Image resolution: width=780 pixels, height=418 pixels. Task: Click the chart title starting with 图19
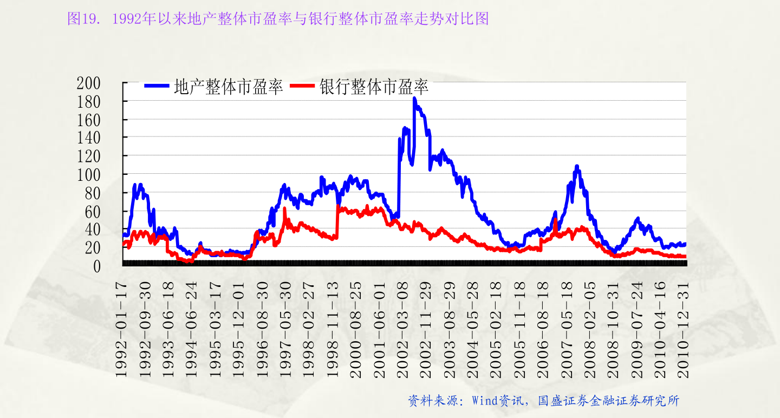click(278, 19)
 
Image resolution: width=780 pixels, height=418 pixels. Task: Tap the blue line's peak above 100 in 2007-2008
click(577, 166)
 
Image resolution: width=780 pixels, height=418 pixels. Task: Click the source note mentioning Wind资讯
click(543, 401)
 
